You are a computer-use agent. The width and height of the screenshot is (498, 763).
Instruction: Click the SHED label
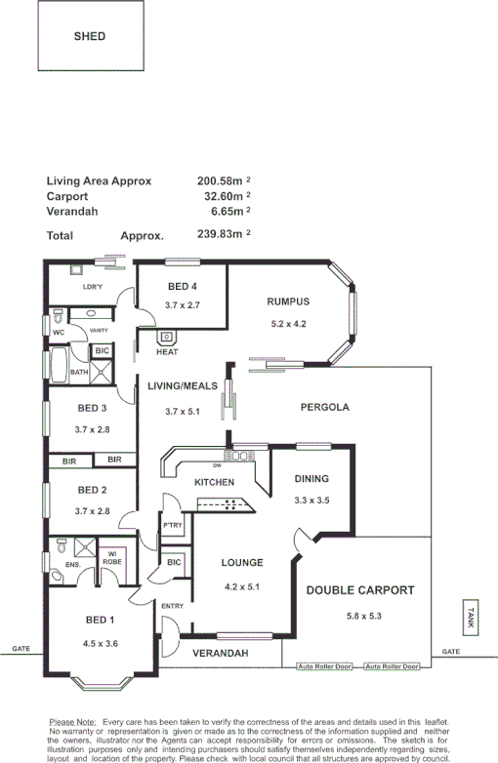pos(89,36)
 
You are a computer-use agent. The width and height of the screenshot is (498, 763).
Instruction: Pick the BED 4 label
pos(182,287)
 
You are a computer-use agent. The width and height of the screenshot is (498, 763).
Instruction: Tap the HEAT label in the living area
pos(167,351)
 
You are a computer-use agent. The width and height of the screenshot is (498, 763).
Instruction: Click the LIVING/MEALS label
pos(181,386)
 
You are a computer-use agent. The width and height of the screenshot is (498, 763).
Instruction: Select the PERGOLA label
pos(324,407)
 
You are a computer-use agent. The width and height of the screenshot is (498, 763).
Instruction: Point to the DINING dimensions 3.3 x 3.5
pos(312,500)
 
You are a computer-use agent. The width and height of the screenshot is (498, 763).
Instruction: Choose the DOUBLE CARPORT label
pos(360,590)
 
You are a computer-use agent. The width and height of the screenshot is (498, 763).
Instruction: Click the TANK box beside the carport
pos(471,617)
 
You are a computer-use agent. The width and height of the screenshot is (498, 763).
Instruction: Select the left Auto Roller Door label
pos(325,666)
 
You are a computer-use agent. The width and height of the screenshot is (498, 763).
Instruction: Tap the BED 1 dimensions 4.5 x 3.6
pos(102,643)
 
